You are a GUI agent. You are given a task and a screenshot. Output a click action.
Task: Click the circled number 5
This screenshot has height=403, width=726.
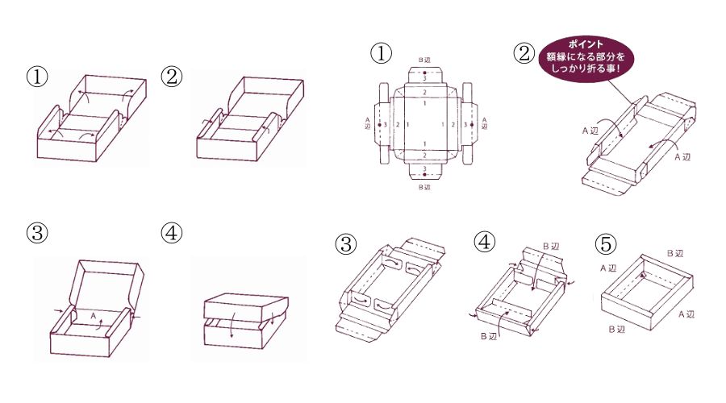tap(606, 243)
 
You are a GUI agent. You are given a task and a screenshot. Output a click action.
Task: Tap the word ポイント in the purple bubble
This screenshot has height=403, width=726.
tap(586, 45)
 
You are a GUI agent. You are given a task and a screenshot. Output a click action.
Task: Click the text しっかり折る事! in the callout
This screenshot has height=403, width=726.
tap(586, 69)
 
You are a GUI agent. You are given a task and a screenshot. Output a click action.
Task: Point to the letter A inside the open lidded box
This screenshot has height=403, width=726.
tap(93, 316)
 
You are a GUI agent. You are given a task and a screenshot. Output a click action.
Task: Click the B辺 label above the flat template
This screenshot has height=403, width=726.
tap(424, 60)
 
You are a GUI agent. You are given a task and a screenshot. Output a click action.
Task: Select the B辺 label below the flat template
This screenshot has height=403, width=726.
tap(424, 187)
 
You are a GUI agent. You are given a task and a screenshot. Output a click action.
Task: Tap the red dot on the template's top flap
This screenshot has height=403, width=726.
tap(424, 73)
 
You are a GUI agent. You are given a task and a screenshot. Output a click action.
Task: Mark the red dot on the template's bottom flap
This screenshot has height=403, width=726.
tap(424, 175)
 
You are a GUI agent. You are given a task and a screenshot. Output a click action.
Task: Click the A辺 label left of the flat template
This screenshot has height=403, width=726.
tap(368, 123)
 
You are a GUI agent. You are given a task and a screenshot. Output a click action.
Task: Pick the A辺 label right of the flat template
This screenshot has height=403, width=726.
tap(484, 123)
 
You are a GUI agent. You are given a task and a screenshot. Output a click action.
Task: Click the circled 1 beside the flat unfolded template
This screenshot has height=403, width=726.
tap(381, 53)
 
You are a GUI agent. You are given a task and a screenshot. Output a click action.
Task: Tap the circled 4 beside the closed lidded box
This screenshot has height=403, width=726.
tap(171, 233)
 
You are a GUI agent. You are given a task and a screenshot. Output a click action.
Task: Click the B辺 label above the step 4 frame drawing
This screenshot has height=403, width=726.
tap(550, 247)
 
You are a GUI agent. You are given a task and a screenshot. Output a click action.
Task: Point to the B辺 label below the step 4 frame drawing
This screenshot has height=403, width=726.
tap(489, 336)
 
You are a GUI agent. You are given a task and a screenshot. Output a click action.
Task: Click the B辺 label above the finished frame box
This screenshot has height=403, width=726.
tap(675, 254)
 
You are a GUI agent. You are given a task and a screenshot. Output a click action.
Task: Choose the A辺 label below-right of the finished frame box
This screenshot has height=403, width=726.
tap(686, 314)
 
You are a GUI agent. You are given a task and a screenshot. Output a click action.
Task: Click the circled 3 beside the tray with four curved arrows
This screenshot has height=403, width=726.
tap(346, 243)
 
